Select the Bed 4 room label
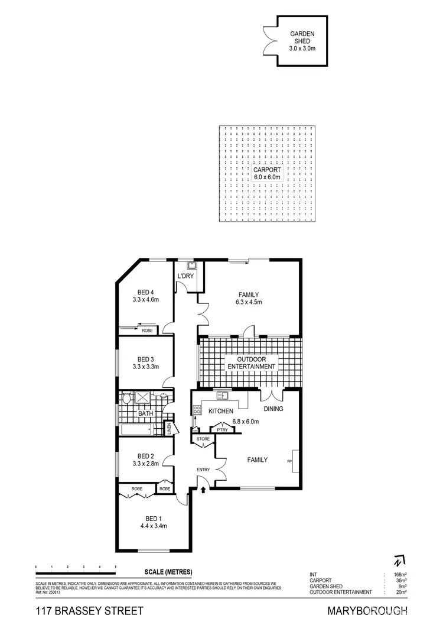point(145,296)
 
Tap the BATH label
point(146,413)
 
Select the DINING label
point(273,409)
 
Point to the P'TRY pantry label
point(223,430)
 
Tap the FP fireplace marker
point(289,461)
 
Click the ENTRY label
point(203,470)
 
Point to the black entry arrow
point(204,489)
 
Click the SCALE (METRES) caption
point(168,572)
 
